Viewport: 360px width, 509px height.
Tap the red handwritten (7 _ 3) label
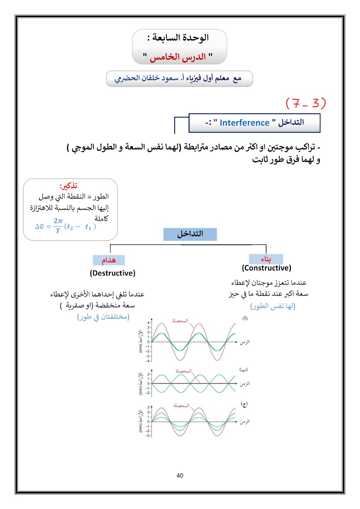306,103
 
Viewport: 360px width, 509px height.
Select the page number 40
180,476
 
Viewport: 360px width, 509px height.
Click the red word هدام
108,260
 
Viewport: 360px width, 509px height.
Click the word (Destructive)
112,273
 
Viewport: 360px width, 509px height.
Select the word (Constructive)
266,268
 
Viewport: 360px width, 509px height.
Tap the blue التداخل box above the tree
189,234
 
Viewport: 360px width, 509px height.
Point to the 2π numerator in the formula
58,221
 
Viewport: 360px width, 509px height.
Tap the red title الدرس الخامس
180,58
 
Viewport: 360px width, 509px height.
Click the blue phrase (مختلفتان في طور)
103,316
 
